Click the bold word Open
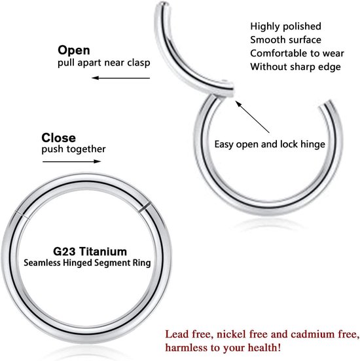point(73,50)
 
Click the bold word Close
point(58,138)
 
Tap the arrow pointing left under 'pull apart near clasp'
point(121,78)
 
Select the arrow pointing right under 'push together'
point(72,161)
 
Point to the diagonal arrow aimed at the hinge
point(253,117)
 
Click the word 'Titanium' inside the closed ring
point(103,252)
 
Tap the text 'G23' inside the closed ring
point(64,252)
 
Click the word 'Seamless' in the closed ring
point(42,263)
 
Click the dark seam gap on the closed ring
point(145,207)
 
